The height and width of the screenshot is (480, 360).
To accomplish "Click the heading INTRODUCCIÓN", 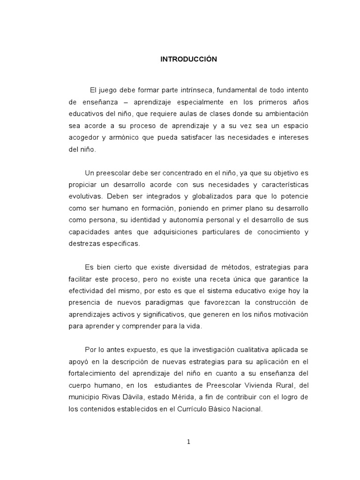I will (x=189, y=60).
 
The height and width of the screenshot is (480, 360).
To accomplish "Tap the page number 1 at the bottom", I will (x=188, y=442).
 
